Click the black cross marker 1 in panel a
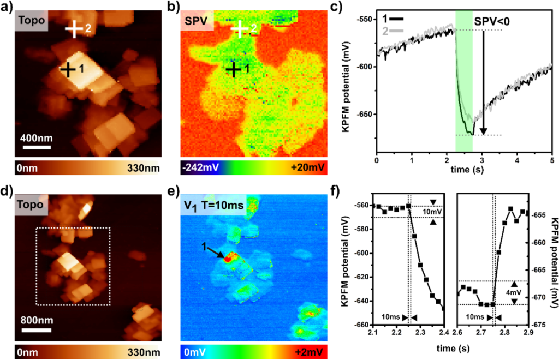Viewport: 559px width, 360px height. [68, 69]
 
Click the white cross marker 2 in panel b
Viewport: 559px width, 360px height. [239, 28]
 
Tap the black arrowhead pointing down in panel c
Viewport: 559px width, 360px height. [484, 131]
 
